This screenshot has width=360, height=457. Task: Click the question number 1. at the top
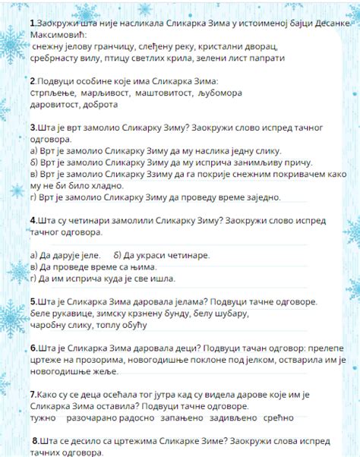click(x=33, y=24)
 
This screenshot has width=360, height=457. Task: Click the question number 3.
click(x=33, y=128)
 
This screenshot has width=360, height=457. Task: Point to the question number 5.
click(x=34, y=301)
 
